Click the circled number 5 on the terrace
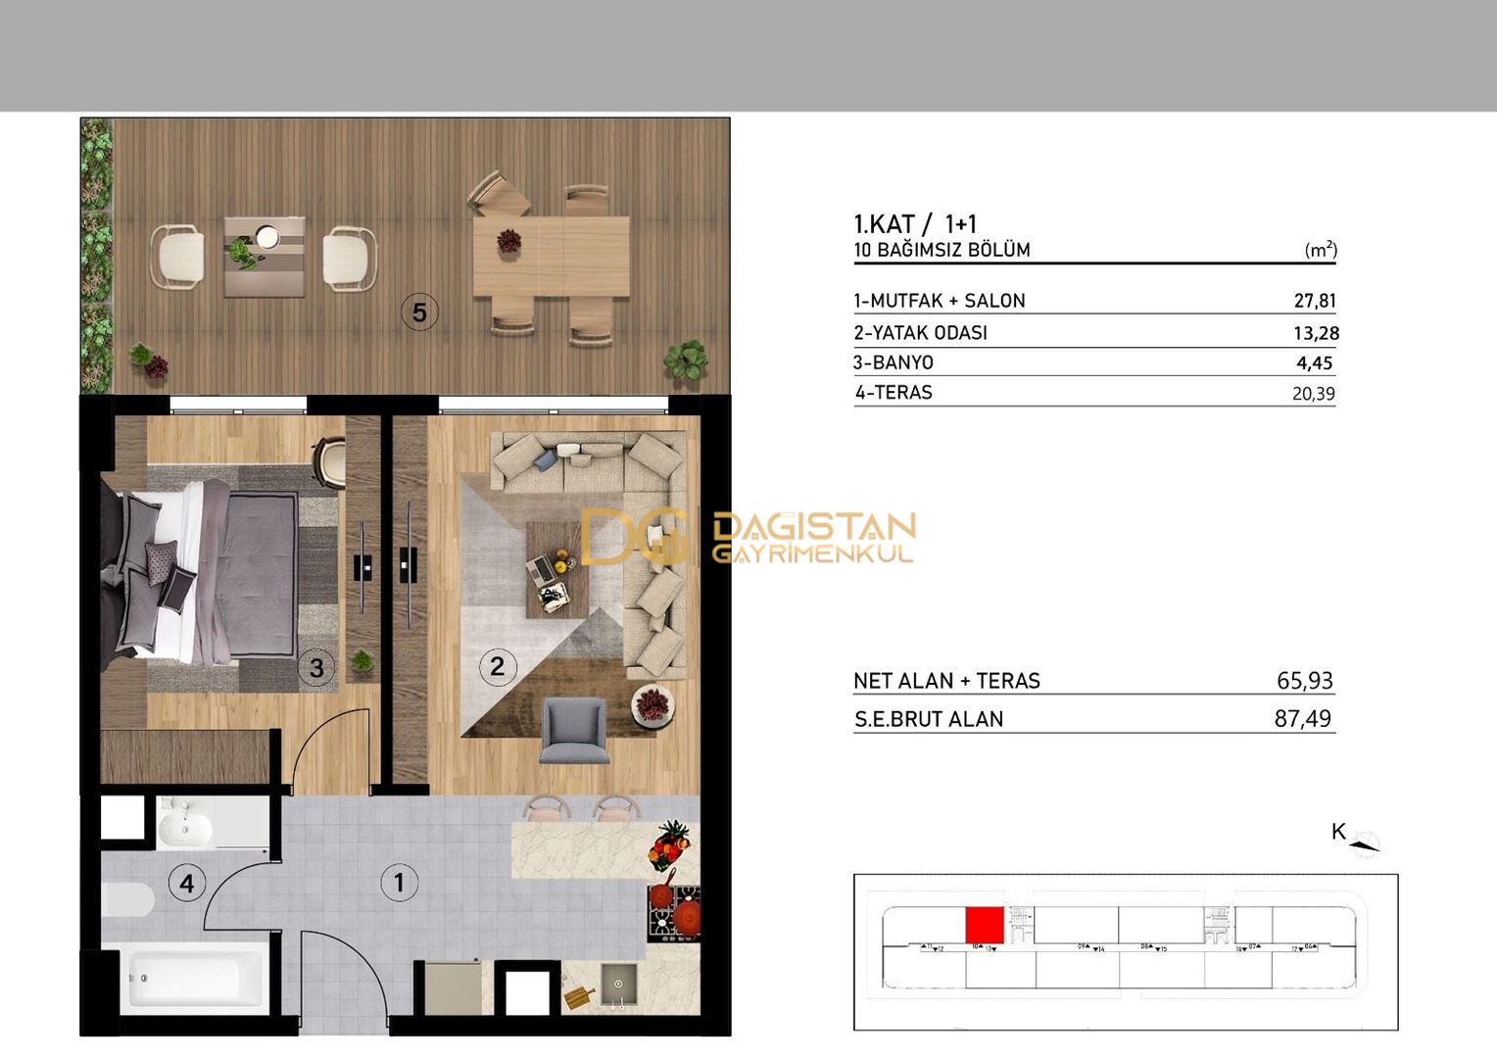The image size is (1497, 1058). (419, 313)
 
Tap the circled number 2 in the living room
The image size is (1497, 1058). (497, 667)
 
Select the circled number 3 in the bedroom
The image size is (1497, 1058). (316, 668)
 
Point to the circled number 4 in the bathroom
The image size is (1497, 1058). (186, 884)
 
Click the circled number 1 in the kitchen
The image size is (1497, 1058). (399, 883)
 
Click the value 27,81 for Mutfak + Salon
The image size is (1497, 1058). (1314, 301)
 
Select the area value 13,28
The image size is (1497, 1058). (1315, 333)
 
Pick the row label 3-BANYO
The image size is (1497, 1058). (893, 362)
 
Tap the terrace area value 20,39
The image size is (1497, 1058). (1313, 394)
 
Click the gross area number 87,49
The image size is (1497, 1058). (1302, 719)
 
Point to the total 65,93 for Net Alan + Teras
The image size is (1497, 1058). (1304, 681)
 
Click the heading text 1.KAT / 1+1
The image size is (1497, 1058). (915, 224)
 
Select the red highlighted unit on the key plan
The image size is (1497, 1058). (984, 925)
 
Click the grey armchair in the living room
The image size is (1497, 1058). (573, 730)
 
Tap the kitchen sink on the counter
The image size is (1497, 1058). (618, 984)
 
